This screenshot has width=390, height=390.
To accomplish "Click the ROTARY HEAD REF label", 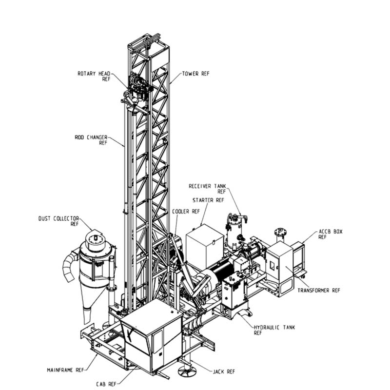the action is [94, 77].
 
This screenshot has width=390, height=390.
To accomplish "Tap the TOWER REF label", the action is [196, 74].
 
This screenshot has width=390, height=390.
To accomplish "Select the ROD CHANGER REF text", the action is [91, 140].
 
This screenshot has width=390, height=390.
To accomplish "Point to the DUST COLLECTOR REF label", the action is [58, 221].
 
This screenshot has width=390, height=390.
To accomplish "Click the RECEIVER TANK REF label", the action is [207, 189].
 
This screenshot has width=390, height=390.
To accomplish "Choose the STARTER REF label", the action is [208, 200].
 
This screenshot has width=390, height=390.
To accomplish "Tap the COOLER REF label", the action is [186, 212].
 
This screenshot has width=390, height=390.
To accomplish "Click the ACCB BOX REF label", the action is [331, 234].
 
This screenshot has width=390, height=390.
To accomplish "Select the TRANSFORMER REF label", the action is [319, 291].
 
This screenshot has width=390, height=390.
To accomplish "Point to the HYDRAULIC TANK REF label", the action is [274, 330].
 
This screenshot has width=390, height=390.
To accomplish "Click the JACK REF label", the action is [224, 372].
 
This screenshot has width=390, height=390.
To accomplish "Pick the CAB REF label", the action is [106, 384].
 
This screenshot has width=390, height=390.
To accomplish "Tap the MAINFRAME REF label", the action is [66, 370].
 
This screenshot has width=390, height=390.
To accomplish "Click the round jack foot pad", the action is [187, 371].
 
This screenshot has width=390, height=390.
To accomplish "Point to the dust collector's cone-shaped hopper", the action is [88, 303].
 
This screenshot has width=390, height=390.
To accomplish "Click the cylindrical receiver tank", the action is [234, 232].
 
